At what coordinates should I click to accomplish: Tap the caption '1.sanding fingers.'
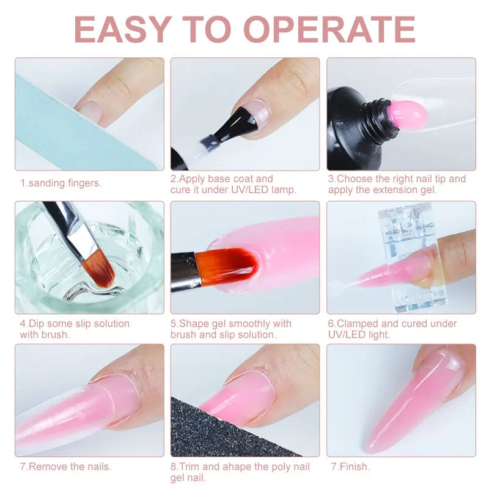click(x=61, y=183)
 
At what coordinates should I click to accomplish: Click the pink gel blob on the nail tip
click(x=404, y=114)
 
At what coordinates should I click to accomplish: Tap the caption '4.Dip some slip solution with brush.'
click(x=75, y=329)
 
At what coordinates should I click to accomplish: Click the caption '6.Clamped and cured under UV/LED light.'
click(x=392, y=329)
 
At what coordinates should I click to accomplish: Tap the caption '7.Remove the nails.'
click(x=66, y=467)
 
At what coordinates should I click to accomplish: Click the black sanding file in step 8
click(x=232, y=431)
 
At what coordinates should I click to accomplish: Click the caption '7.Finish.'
click(x=350, y=467)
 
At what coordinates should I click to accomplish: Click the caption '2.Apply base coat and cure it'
click(x=222, y=179)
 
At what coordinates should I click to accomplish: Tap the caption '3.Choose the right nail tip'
click(x=397, y=179)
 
